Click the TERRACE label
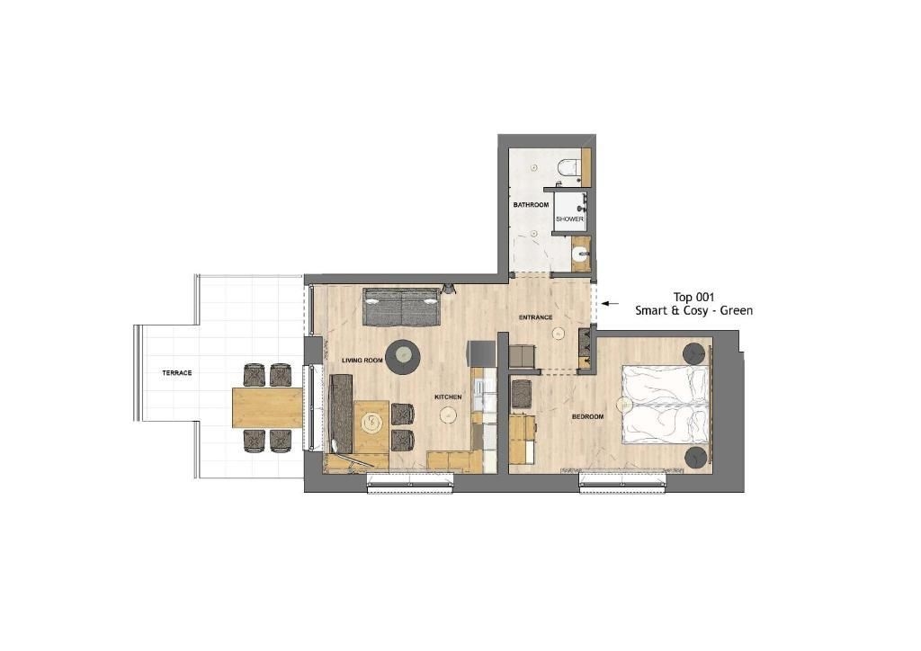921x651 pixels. tap(177, 373)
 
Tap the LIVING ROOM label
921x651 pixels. tap(362, 360)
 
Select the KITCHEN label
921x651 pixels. tap(448, 397)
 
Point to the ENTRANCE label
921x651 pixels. tap(536, 317)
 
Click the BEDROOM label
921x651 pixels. tap(588, 417)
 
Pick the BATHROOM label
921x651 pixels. tap(531, 205)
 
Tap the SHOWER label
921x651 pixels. tap(569, 219)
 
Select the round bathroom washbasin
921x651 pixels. tap(579, 255)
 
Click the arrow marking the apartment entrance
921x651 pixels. tap(611, 304)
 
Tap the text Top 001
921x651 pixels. tap(693, 297)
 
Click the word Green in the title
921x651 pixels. tap(737, 310)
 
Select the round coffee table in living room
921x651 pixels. tap(403, 356)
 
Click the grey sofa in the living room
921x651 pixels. tap(402, 307)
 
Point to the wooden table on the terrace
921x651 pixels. tap(267, 407)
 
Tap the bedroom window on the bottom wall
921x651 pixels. tap(622, 482)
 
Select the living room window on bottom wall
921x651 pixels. tap(410, 482)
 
